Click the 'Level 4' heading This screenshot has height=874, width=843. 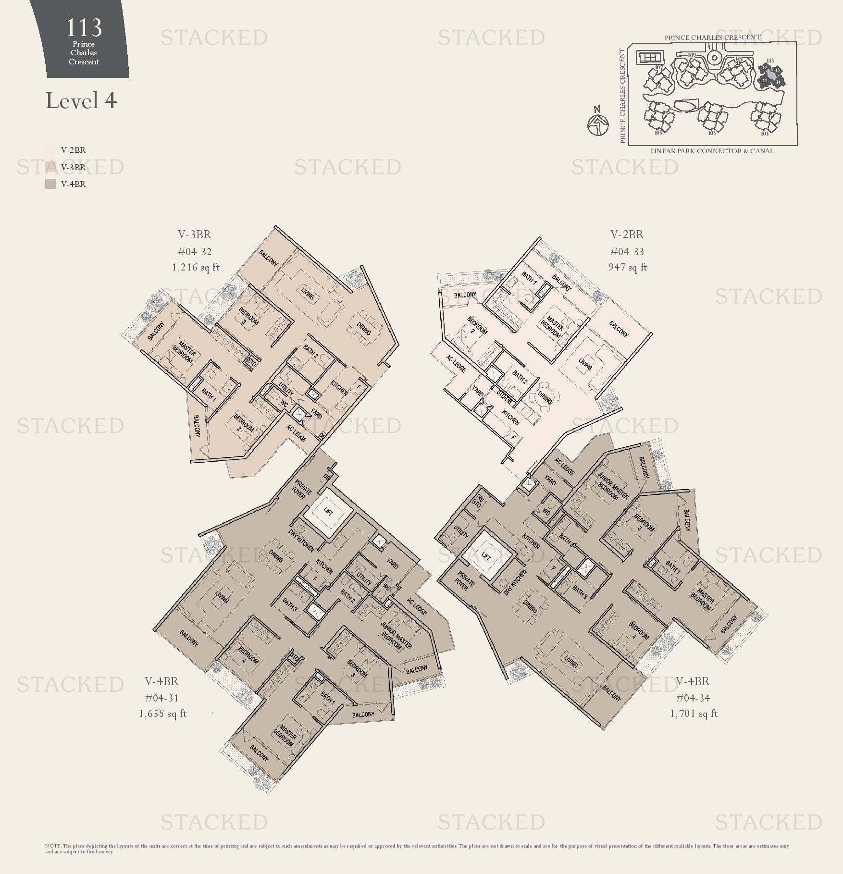point(81,101)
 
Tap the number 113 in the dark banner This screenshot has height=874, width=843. point(84,27)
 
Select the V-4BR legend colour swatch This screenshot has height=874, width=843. point(50,184)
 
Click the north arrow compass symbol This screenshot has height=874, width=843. point(598,123)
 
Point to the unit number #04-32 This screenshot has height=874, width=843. point(194,252)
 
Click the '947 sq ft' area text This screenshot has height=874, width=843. point(627,267)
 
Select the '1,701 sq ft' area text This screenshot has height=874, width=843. point(694,714)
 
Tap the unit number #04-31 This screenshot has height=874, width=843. point(162,698)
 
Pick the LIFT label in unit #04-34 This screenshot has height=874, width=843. point(486,556)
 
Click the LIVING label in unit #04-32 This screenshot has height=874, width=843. point(308,293)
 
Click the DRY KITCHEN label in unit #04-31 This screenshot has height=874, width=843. point(301,541)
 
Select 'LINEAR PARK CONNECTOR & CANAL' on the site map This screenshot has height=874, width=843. point(712,151)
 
